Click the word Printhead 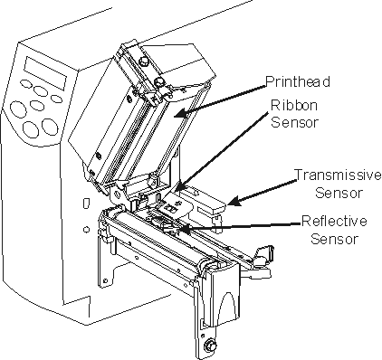298,81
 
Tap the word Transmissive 338,175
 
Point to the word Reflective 334,221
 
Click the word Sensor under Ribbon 294,122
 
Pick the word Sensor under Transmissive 339,193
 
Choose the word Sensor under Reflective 335,239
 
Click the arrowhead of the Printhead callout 180,114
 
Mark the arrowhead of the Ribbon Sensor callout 178,186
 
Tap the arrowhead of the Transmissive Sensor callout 234,201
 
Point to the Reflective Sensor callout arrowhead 185,230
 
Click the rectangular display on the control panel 45,73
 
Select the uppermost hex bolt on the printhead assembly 143,62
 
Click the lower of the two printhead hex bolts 159,81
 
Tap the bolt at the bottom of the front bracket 208,344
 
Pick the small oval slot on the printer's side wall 86,203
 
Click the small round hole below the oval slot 86,230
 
